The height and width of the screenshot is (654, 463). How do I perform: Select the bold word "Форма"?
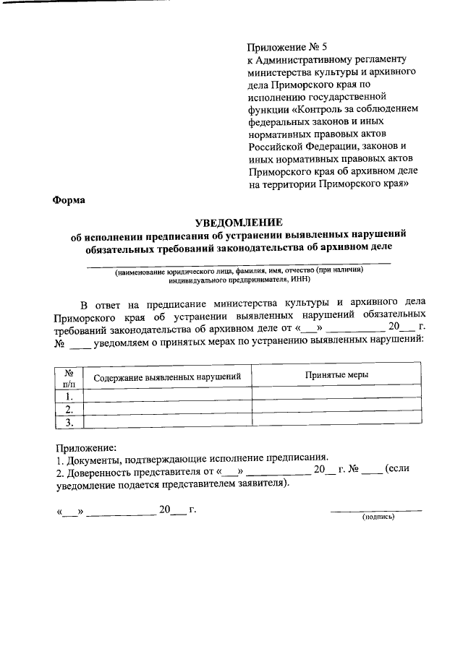pos(69,201)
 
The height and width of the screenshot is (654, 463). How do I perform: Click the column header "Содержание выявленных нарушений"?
pos(168,377)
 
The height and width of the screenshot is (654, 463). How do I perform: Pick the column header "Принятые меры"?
pos(336,375)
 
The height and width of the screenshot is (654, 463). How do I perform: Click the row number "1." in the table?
pos(69,396)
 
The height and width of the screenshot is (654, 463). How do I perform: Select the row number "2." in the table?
pos(69,410)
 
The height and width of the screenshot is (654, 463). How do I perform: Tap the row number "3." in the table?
pos(69,423)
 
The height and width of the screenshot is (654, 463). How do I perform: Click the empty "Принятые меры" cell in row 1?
pos(336,396)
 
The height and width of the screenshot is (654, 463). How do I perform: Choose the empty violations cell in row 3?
pos(168,423)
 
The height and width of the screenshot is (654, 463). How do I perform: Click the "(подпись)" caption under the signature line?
pos(378,517)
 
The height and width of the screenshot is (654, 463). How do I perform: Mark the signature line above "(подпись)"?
pos(376,511)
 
